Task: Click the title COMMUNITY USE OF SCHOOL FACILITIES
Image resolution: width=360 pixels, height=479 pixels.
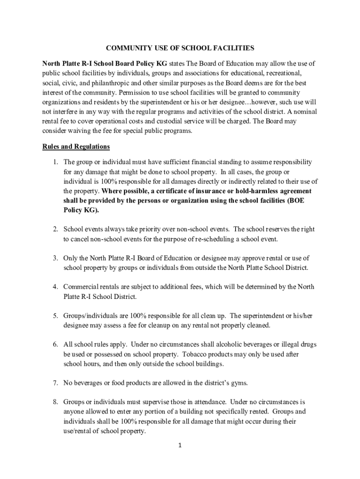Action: click(180, 48)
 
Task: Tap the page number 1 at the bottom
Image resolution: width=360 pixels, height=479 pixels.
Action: click(180, 445)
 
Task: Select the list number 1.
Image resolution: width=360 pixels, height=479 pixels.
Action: click(55, 162)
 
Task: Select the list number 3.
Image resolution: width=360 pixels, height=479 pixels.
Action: click(55, 258)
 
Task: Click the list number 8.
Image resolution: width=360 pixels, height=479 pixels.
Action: click(55, 402)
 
